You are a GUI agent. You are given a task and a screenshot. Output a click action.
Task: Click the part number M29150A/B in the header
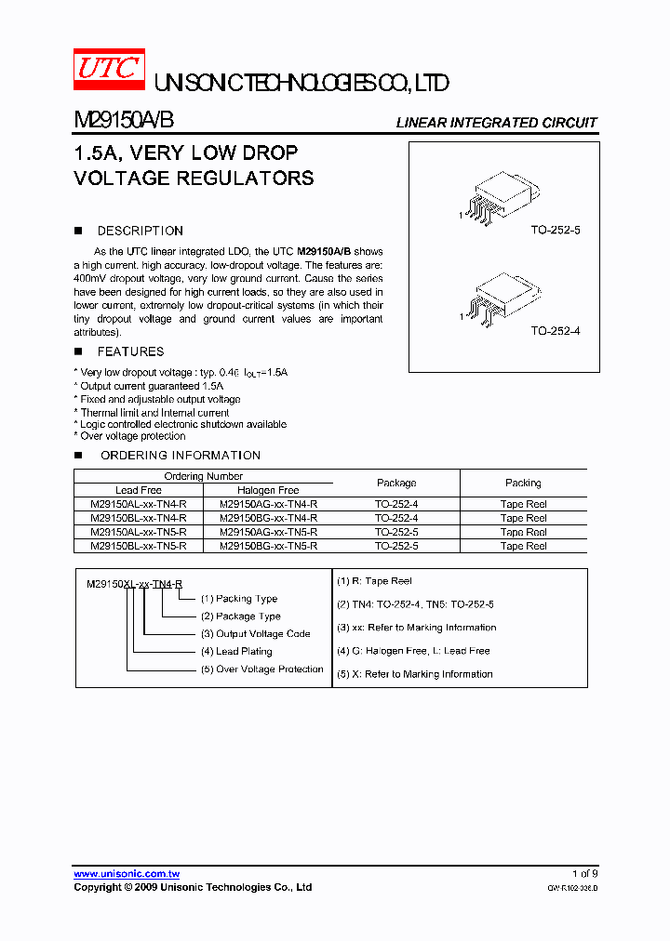[123, 122]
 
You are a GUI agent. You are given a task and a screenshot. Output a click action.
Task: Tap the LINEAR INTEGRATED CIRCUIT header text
[496, 123]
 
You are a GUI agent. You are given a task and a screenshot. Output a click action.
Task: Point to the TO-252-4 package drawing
[501, 295]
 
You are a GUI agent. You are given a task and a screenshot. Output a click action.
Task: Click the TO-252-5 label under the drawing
[556, 230]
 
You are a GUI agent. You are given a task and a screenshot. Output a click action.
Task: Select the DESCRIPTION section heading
[140, 231]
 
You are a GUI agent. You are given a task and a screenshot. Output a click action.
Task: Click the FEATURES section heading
[130, 351]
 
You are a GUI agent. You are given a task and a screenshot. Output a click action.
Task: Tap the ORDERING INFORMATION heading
[180, 456]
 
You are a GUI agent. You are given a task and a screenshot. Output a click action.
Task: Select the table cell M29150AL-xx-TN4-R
[139, 504]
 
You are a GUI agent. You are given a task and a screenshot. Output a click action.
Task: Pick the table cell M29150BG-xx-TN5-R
[269, 547]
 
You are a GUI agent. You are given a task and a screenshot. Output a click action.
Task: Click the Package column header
[396, 484]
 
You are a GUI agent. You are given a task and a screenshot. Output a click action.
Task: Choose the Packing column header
[523, 484]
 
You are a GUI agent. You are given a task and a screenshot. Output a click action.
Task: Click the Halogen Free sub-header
[269, 490]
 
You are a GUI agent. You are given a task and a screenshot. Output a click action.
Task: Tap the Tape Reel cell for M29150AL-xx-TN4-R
[523, 504]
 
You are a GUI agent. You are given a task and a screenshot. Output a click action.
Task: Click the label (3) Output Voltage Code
[255, 634]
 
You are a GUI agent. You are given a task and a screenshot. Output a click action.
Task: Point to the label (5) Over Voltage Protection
[261, 669]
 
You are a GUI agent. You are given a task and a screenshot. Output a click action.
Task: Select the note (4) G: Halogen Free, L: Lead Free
[413, 651]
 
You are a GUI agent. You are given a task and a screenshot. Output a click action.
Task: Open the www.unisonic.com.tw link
[127, 874]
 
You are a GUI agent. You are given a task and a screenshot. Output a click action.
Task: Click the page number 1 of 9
[584, 874]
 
